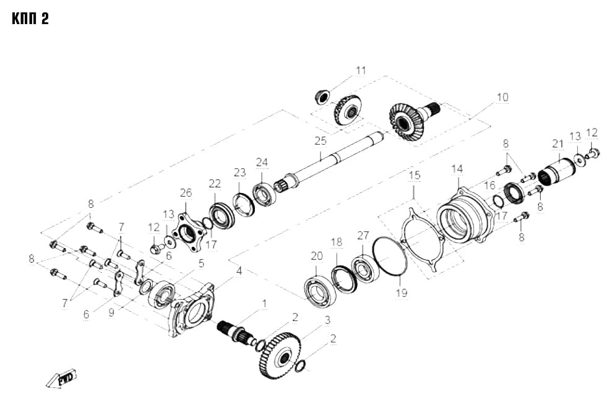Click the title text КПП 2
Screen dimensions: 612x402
pyautogui.click(x=30, y=19)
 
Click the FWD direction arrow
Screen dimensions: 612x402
pyautogui.click(x=61, y=378)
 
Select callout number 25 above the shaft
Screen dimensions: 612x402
pyautogui.click(x=321, y=141)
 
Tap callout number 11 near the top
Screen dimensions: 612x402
pyautogui.click(x=361, y=71)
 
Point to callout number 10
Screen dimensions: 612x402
pyautogui.click(x=502, y=97)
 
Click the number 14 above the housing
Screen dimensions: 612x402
pyautogui.click(x=457, y=169)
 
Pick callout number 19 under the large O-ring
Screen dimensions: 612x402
pyautogui.click(x=402, y=293)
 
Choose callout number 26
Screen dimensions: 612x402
pyautogui.click(x=186, y=192)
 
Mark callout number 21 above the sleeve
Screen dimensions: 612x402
pyautogui.click(x=558, y=144)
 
